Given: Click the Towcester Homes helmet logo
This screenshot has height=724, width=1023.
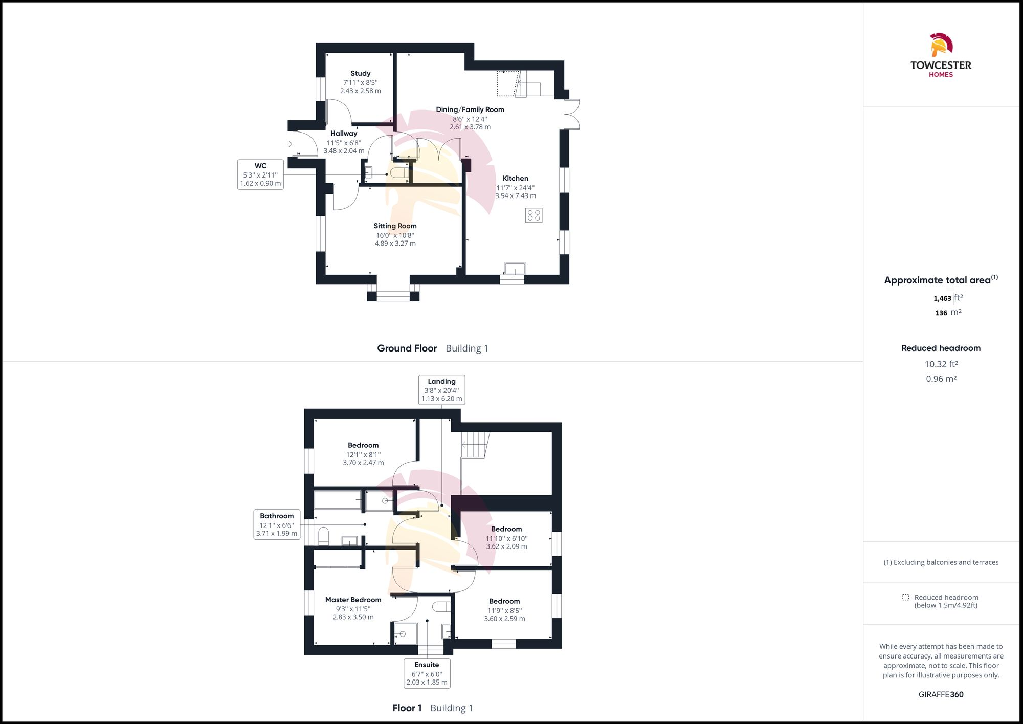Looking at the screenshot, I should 941,45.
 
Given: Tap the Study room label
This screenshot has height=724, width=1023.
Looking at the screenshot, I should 360,74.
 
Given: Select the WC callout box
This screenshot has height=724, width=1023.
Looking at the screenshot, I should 260,174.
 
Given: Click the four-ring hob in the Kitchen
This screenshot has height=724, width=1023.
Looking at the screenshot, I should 533,215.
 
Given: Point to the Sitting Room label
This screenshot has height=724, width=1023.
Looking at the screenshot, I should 395,226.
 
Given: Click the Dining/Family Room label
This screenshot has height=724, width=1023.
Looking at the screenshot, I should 470,109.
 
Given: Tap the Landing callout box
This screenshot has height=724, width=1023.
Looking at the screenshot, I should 441,389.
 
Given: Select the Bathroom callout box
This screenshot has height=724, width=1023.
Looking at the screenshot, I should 276,524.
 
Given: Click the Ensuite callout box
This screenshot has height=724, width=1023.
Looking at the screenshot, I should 427,673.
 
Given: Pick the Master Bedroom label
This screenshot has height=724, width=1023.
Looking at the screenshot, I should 353,600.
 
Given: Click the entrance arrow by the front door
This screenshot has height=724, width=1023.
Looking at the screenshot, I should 290,144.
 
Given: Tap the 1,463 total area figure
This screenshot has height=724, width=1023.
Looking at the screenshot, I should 942,298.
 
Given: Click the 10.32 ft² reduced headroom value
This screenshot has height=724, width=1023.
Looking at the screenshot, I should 941,364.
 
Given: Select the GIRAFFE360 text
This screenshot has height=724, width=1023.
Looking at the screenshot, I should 941,694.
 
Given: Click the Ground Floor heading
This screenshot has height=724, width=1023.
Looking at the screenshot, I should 407,348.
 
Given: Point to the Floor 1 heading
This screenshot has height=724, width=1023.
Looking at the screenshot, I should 407,708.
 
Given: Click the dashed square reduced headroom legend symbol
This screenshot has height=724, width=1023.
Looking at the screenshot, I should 905,597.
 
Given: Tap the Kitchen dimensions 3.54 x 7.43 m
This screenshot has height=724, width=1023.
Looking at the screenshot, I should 515,196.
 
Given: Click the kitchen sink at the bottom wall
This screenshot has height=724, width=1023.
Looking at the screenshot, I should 515,269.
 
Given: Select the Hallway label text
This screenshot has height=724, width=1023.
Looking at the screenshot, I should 344,134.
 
